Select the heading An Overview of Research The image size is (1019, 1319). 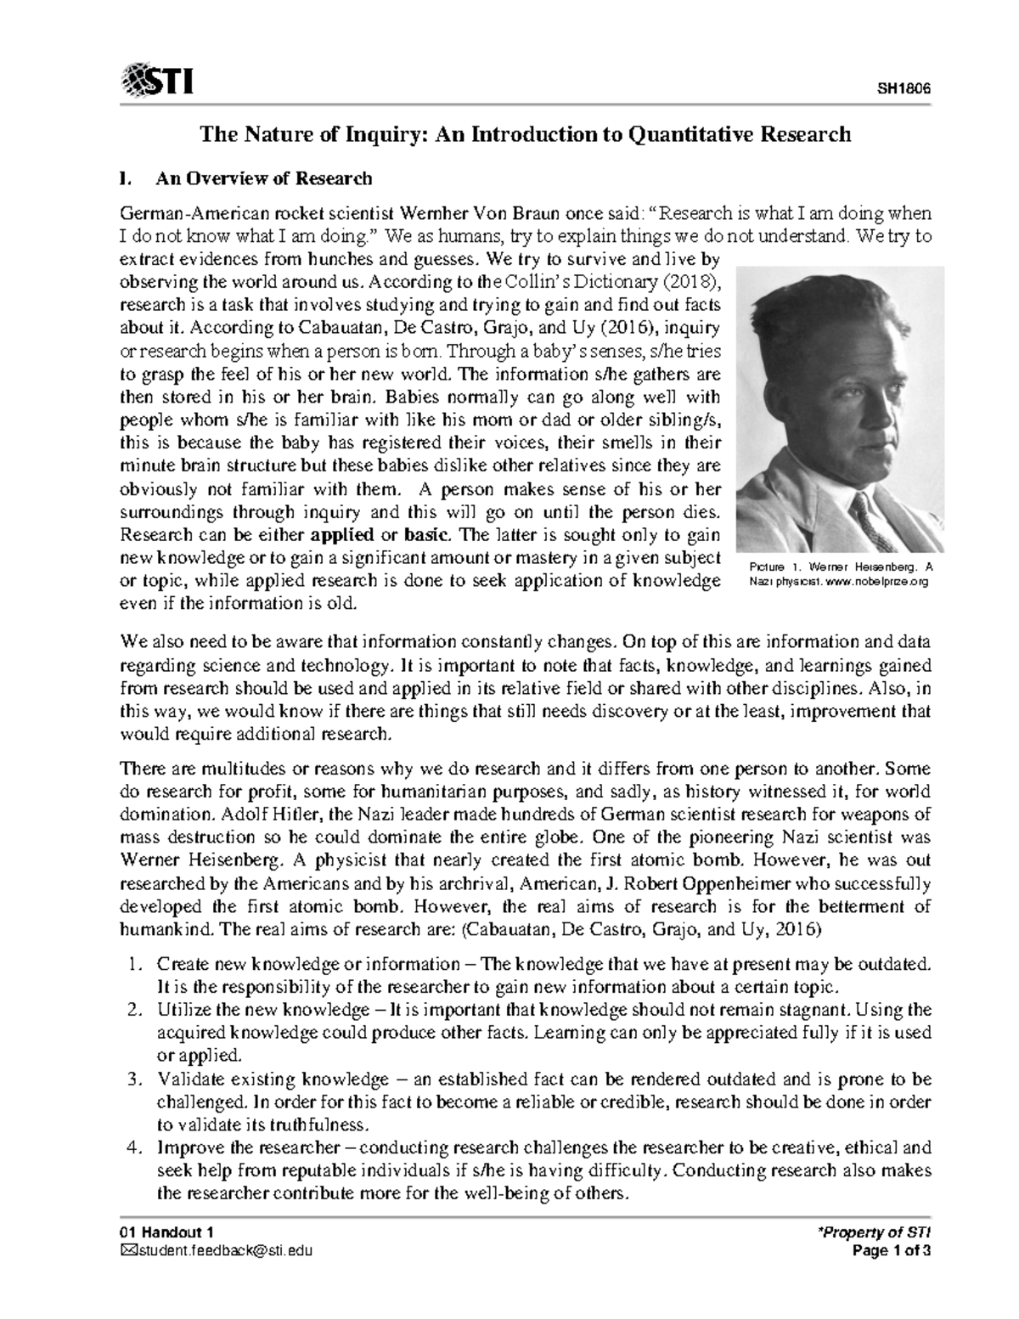[262, 178]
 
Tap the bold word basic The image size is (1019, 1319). [428, 535]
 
